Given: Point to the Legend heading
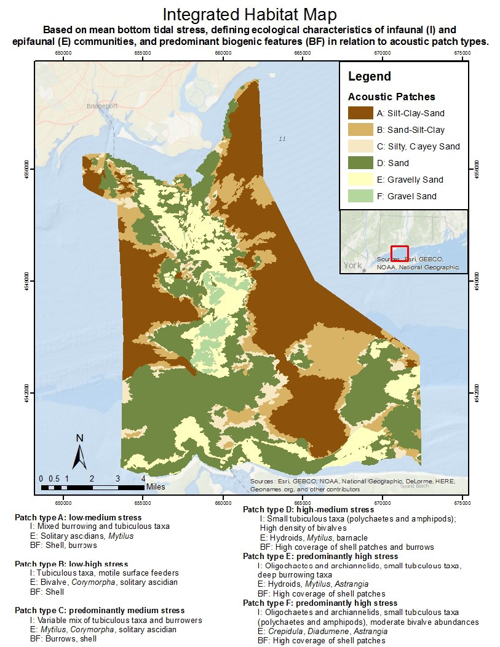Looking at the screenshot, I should coord(369,77).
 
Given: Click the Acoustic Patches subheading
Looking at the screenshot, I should coord(391,97).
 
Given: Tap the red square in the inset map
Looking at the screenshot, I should coord(400,254).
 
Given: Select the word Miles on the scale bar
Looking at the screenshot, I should coord(156,486).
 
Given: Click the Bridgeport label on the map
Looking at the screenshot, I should coord(101,106).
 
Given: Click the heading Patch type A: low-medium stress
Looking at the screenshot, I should coord(78,517).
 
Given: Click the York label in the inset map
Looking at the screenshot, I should coord(352,266).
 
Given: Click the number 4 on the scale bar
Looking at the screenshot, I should coord(143,478).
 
